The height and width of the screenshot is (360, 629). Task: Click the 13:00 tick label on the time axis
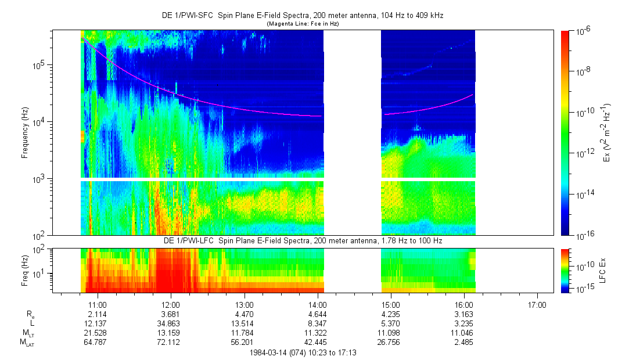click(x=244, y=304)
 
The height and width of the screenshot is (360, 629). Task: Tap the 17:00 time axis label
click(x=537, y=304)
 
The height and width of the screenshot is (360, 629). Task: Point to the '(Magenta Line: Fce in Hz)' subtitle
click(x=302, y=24)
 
